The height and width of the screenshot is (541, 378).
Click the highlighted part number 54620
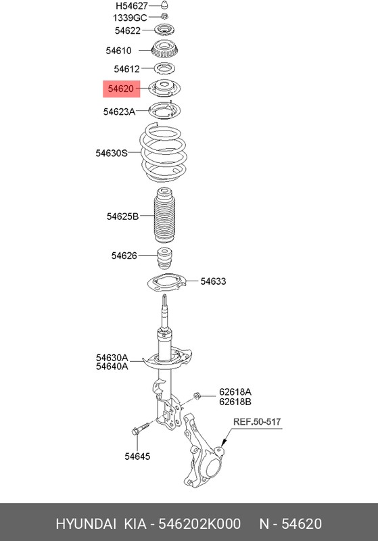[x=121, y=89]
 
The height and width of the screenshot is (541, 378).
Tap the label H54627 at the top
[x=132, y=6]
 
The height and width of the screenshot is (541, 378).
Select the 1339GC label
[x=130, y=18]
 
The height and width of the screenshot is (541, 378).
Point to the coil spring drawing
[x=163, y=153]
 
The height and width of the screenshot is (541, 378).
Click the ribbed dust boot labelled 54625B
[x=164, y=215]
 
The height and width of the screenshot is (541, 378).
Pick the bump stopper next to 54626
[x=165, y=258]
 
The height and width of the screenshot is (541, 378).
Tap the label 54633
[x=213, y=281]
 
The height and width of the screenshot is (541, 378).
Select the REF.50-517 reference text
[x=257, y=421]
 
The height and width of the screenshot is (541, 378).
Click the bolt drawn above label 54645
[x=140, y=428]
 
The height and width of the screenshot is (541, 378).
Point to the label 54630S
[x=112, y=153]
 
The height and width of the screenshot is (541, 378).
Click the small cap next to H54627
[x=165, y=5]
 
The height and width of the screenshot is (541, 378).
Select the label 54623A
[x=119, y=112]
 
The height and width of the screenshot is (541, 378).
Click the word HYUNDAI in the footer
[x=86, y=523]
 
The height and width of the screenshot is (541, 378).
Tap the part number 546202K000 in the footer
[x=199, y=523]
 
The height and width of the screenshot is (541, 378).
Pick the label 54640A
[x=112, y=367]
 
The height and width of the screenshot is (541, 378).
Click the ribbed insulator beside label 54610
[x=164, y=50]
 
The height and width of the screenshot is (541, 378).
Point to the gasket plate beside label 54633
[x=166, y=283]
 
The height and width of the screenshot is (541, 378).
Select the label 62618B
[x=235, y=402]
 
